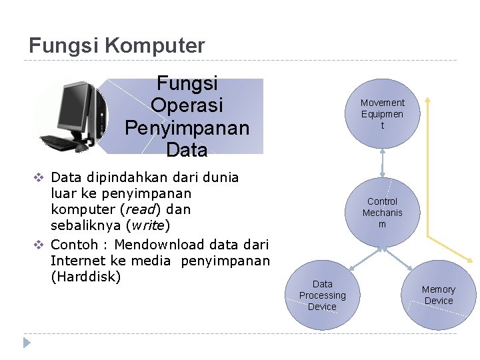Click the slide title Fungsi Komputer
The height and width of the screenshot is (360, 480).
point(117,46)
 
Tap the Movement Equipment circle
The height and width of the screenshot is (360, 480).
point(382,114)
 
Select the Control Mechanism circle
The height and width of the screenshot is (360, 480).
point(382,213)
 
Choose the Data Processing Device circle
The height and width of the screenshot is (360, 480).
point(323,295)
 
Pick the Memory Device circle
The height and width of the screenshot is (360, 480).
point(438,295)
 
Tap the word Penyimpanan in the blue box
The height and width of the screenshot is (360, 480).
point(187,127)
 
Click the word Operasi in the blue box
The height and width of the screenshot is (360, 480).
point(187,105)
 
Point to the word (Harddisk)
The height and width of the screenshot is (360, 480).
point(85,276)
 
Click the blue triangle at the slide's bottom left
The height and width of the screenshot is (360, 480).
point(27,343)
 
